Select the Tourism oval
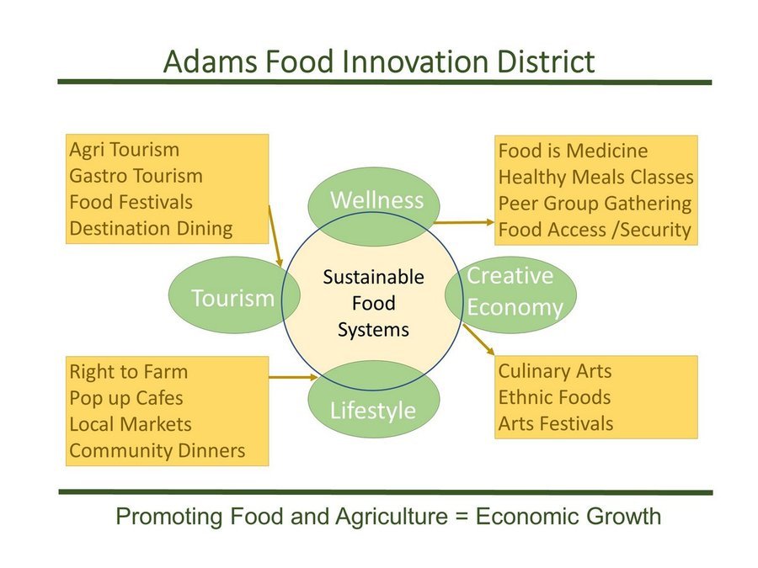(x=234, y=295)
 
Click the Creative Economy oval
(x=510, y=295)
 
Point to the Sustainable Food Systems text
(x=373, y=303)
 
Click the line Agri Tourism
(x=125, y=151)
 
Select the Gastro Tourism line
(x=136, y=176)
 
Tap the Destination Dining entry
(x=151, y=228)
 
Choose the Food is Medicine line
(x=573, y=151)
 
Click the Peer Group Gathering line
(x=595, y=204)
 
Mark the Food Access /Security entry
(x=595, y=230)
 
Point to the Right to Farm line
(x=128, y=372)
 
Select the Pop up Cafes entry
(x=126, y=399)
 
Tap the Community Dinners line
(x=157, y=451)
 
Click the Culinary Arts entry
(x=555, y=371)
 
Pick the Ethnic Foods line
(x=554, y=397)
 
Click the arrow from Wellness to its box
(x=463, y=223)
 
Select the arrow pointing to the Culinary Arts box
(x=478, y=340)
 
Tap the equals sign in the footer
(x=462, y=517)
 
